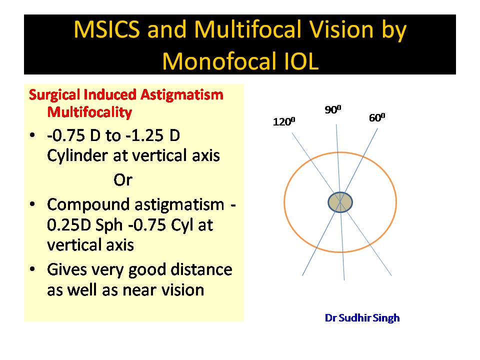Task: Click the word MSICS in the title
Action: (x=107, y=29)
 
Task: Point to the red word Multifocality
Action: (x=89, y=112)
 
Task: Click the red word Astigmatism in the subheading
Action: (x=182, y=95)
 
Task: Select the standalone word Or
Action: (x=123, y=180)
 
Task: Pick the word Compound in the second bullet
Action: (x=89, y=205)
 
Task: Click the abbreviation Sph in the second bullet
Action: (x=109, y=225)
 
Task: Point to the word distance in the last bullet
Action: (x=201, y=269)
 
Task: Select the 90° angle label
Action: (x=333, y=109)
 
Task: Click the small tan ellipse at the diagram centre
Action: (x=340, y=202)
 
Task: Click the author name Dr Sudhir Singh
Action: (x=362, y=318)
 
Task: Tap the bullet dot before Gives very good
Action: (x=32, y=269)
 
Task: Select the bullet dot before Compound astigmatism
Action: (x=32, y=204)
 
